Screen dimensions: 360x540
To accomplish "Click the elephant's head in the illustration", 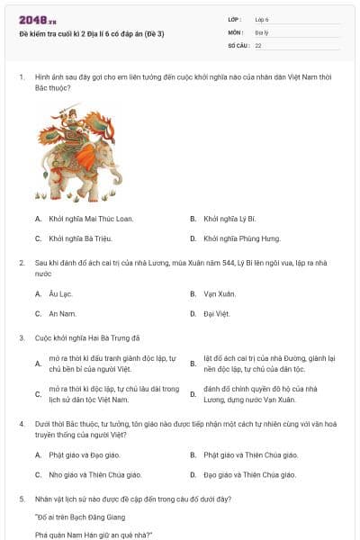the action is point(90,166).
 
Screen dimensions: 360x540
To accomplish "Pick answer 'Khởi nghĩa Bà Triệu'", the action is point(72,238).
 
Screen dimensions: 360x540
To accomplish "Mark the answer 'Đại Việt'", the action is point(217,313).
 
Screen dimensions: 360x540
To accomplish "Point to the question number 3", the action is point(22,337).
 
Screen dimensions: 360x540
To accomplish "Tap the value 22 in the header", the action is point(258,44).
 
